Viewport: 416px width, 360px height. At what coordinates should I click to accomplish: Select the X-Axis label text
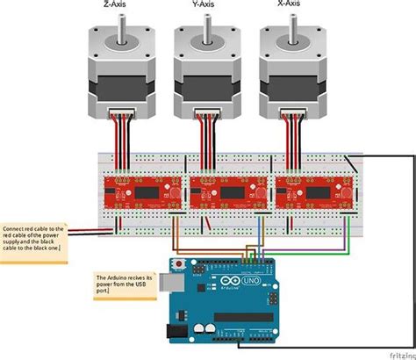pyautogui.click(x=290, y=4)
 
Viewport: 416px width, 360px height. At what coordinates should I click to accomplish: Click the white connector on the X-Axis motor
pyautogui.click(x=291, y=114)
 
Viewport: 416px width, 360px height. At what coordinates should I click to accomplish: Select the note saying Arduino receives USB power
pyautogui.click(x=125, y=282)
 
